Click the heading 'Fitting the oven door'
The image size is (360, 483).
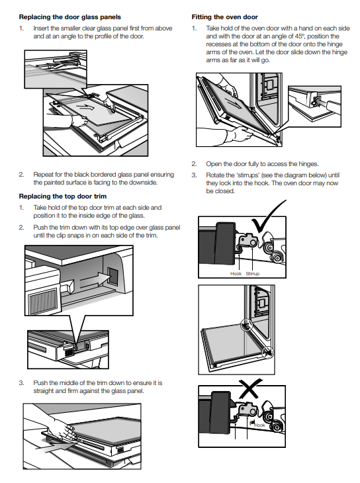coord(225,17)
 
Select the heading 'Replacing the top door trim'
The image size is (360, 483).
coord(63,197)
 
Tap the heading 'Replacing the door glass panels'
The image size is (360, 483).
coord(70,17)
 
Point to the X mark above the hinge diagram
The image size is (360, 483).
coord(250,388)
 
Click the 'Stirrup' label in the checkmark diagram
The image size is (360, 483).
coord(252,273)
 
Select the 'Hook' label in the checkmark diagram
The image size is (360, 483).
coord(236,273)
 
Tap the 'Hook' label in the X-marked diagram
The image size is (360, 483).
coord(259,425)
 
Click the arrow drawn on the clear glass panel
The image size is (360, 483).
coord(85,107)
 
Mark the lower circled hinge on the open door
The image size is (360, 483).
coord(267,351)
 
